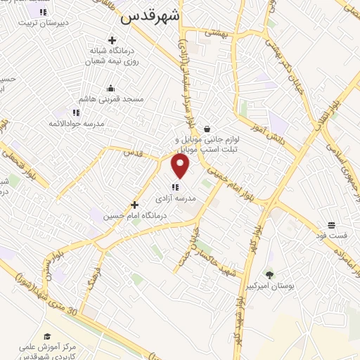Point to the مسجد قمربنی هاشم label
(x=111, y=99)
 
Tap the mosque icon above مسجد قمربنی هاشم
(x=110, y=89)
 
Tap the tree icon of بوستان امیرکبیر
(x=269, y=275)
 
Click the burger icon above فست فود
(x=330, y=226)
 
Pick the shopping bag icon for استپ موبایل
(x=207, y=129)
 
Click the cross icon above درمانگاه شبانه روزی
(x=111, y=40)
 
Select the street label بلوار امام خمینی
(x=230, y=186)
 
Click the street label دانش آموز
(x=266, y=127)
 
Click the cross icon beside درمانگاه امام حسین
(x=134, y=205)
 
